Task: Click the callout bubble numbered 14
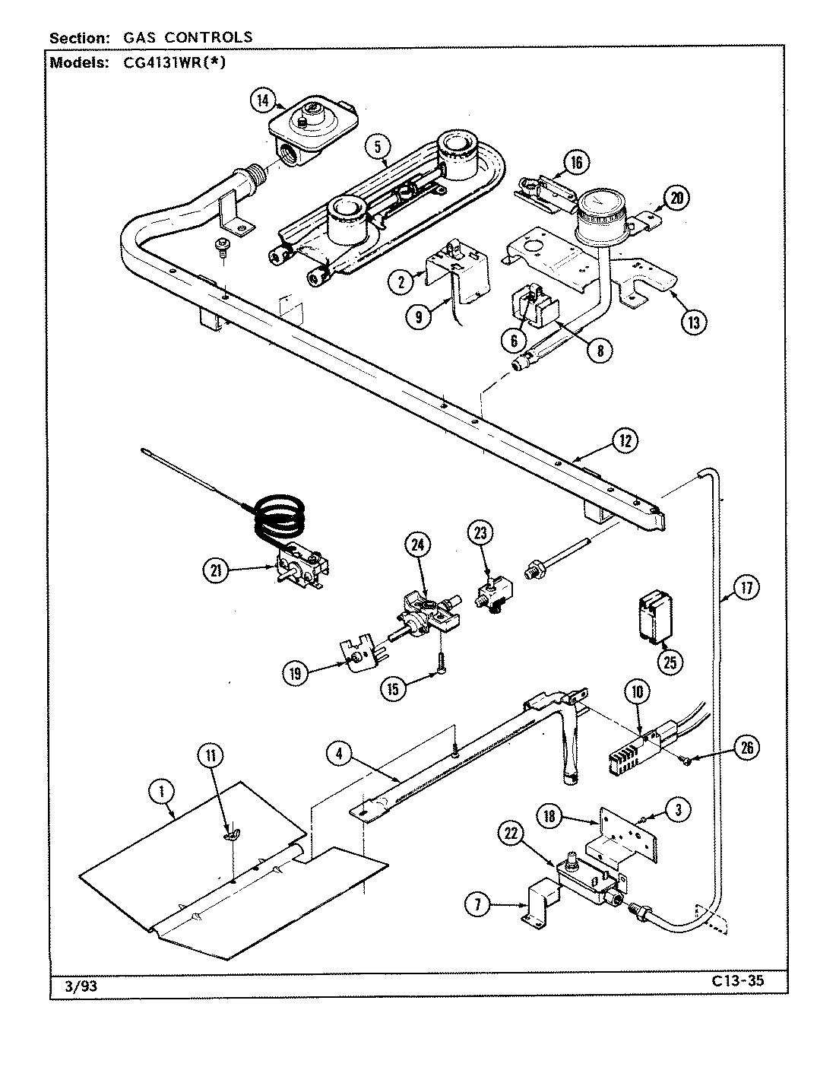(x=263, y=100)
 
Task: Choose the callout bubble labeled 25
(x=670, y=662)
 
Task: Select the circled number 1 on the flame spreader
(x=161, y=792)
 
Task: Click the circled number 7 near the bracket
(x=477, y=904)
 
